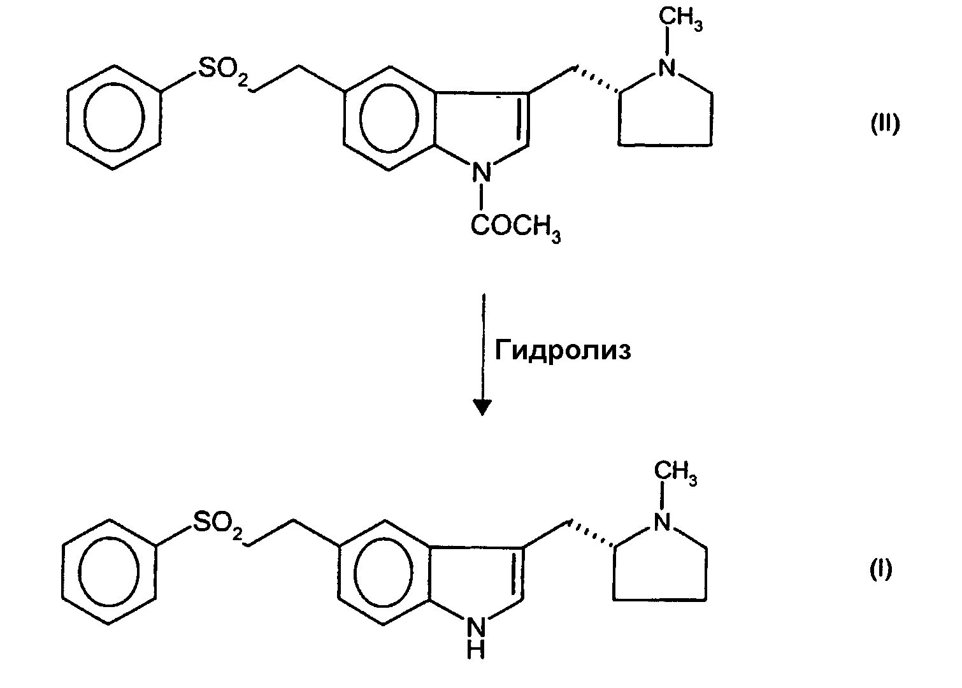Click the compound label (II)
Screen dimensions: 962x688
(885, 125)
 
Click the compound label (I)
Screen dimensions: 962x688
(881, 570)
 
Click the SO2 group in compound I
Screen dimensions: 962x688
(218, 524)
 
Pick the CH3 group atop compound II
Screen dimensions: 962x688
(680, 19)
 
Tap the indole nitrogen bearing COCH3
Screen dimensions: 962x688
(482, 172)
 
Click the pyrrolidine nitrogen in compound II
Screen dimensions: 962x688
(666, 68)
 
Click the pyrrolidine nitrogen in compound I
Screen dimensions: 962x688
(661, 522)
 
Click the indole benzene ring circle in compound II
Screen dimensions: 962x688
(360, 118)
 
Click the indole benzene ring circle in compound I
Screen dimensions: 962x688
(354, 572)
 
